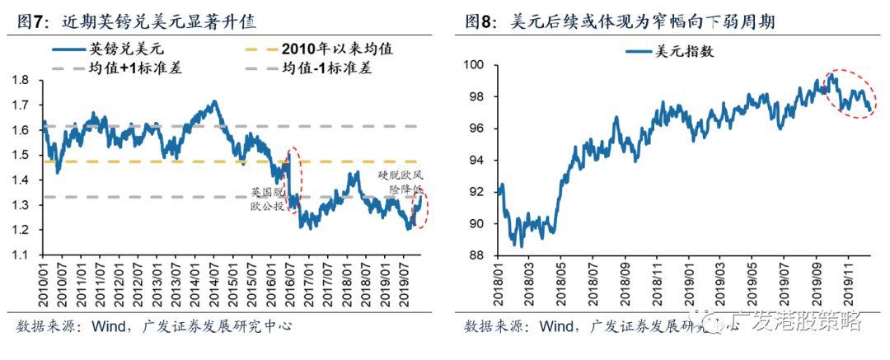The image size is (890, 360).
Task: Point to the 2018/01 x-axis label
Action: (x=499, y=285)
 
